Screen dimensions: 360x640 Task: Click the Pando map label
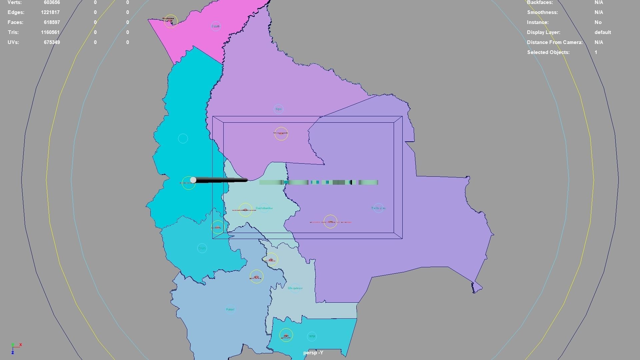click(216, 26)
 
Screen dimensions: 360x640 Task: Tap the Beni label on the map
click(279, 109)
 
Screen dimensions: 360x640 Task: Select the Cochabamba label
click(264, 208)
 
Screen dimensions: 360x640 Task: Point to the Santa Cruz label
click(378, 208)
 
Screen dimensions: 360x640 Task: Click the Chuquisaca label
click(295, 288)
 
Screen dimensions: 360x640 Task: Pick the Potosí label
click(230, 309)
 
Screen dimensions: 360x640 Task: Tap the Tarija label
click(312, 336)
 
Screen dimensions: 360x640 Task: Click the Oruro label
click(202, 248)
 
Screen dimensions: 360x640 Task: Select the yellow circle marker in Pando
click(171, 21)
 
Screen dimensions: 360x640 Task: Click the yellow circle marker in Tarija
click(286, 335)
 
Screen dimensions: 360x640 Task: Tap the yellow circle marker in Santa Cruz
click(330, 222)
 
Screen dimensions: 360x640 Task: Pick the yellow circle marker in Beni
click(281, 134)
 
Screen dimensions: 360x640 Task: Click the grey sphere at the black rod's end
click(193, 180)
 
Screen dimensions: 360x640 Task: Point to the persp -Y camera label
click(313, 353)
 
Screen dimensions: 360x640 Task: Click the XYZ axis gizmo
click(15, 348)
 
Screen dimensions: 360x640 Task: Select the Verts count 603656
click(52, 2)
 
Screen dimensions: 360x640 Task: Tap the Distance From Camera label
click(555, 42)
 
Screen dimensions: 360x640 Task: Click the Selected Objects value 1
click(596, 52)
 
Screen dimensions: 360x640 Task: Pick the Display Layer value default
click(602, 32)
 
